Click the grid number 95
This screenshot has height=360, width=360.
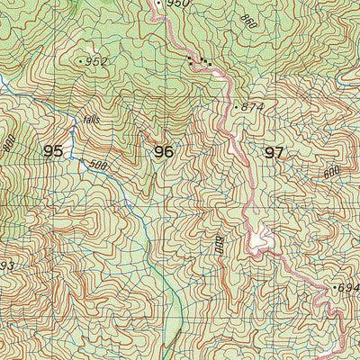tap(53, 151)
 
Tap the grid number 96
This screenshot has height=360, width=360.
tap(163, 152)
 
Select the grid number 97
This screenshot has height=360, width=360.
tap(274, 153)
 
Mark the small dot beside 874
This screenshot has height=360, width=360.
tap(237, 106)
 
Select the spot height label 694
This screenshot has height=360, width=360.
tap(349, 288)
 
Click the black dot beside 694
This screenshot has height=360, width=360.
tap(335, 287)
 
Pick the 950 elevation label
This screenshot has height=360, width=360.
tap(179, 4)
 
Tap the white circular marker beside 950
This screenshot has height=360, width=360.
tap(159, 4)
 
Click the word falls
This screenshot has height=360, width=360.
tap(91, 119)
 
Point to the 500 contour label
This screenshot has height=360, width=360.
tap(97, 166)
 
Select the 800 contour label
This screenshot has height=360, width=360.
tap(10, 142)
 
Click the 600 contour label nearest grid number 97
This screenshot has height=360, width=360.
tap(332, 171)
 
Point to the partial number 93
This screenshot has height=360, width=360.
tap(6, 265)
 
